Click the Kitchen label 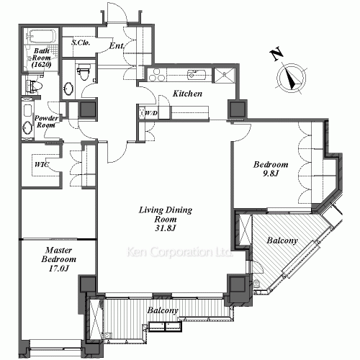pyautogui.click(x=187, y=94)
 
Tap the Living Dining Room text pyautogui.click(x=166, y=215)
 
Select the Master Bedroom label pyautogui.click(x=59, y=255)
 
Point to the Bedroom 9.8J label pyautogui.click(x=271, y=168)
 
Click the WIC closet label pyautogui.click(x=42, y=165)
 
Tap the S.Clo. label pyautogui.click(x=81, y=42)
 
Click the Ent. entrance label pyautogui.click(x=117, y=45)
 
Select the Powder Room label pyautogui.click(x=46, y=122)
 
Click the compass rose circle pyautogui.click(x=291, y=78)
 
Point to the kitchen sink pyautogui.click(x=197, y=74)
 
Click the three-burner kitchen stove pyautogui.click(x=157, y=75)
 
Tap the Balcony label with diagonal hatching pyautogui.click(x=282, y=240)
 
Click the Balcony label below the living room pyautogui.click(x=163, y=310)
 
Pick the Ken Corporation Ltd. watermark pyautogui.click(x=179, y=252)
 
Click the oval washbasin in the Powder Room pyautogui.click(x=27, y=128)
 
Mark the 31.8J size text pyautogui.click(x=166, y=228)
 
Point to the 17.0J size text pyautogui.click(x=59, y=268)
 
